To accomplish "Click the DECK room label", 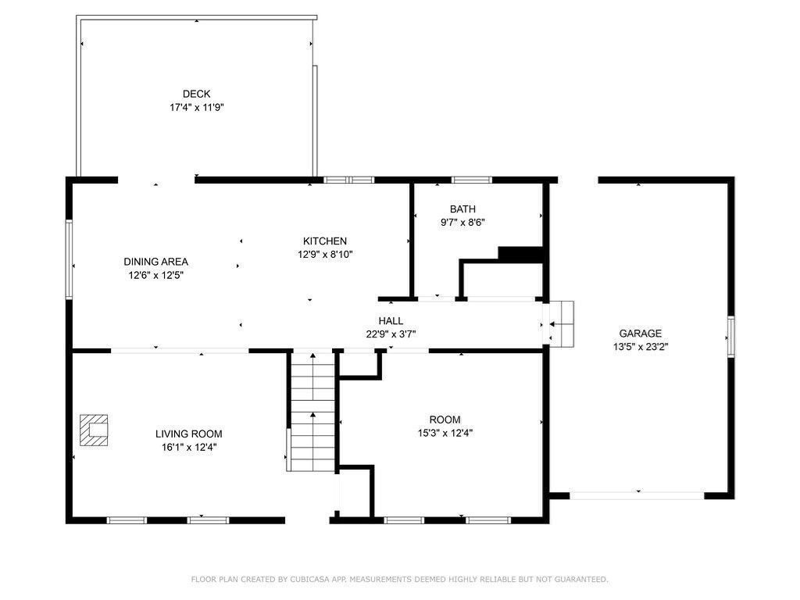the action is [x=196, y=94].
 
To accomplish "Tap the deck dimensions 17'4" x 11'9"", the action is [x=197, y=108].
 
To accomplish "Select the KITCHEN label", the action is [x=325, y=241].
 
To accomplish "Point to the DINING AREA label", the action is [x=156, y=262].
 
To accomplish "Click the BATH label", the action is [x=462, y=209].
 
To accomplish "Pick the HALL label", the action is [x=391, y=321].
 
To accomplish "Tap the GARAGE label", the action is [x=641, y=334].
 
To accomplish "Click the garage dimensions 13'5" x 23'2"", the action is [x=641, y=347].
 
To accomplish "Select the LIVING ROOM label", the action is [x=189, y=434].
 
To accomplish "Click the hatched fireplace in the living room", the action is [x=94, y=430].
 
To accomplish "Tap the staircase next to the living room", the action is [x=312, y=412].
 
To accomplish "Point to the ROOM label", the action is [x=445, y=420].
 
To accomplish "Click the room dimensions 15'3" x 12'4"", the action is [x=445, y=433].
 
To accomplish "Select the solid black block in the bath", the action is [x=520, y=254].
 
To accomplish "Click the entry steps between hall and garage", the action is [x=562, y=324].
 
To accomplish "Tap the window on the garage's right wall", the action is [x=731, y=337].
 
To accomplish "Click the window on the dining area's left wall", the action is [x=69, y=259].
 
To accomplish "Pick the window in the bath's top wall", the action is [x=472, y=180].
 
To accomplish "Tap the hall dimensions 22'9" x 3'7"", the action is [x=391, y=334].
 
